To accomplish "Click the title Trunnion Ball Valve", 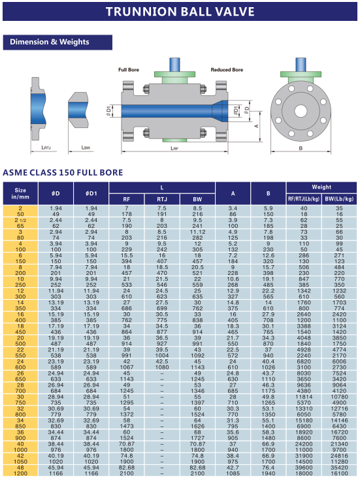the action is pos(180,12).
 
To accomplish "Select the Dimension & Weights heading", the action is pos(49,42).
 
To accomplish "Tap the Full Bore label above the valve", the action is pos(128,70).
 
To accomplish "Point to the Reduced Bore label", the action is pos(227,70).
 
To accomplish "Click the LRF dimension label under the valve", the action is pos(174,148).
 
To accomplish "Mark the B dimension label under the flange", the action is pos(301,148).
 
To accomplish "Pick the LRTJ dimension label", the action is pos(46,148).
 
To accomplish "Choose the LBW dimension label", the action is pos(86,148).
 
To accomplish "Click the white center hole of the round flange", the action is pos(301,111).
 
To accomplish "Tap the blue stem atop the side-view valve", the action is pos(174,64).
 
